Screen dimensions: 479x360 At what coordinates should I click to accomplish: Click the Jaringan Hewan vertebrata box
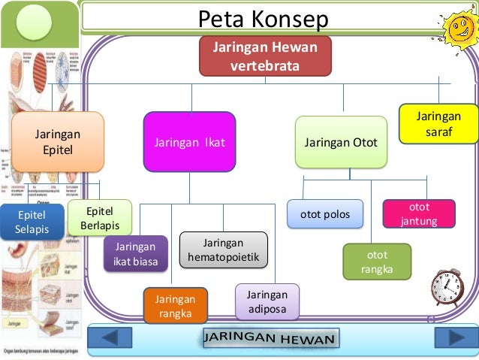[x=265, y=56]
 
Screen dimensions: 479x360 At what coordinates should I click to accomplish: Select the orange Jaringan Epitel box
[x=58, y=141]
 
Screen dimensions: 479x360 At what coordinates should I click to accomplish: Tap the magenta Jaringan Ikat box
[x=189, y=141]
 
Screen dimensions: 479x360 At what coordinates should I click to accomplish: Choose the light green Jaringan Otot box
[x=341, y=142]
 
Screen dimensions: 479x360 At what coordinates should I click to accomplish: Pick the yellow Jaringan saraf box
[x=439, y=124]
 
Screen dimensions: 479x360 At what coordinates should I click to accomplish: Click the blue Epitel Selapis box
[x=31, y=222]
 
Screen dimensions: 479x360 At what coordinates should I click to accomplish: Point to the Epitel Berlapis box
[x=99, y=217]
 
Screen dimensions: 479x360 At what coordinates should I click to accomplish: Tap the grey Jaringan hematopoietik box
[x=224, y=250]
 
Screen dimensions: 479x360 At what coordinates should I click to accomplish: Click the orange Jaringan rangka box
[x=176, y=306]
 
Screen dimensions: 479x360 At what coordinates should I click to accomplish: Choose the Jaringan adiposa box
[x=267, y=301]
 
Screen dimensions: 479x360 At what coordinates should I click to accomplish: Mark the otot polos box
[x=325, y=214]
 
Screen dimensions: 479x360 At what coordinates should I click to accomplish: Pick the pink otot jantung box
[x=419, y=213]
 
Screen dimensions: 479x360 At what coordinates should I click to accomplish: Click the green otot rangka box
[x=377, y=262]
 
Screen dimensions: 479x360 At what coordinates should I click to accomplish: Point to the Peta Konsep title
[x=263, y=20]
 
